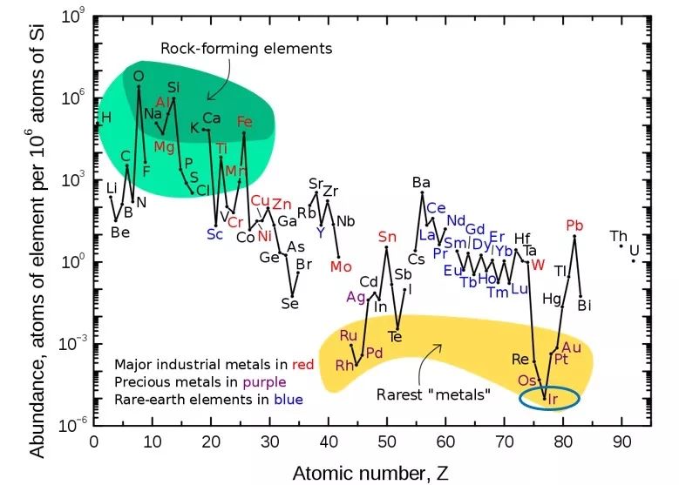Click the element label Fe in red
point(245,122)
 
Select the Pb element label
point(574,226)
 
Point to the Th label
point(618,236)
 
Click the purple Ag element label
point(356,296)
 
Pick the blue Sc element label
point(215,233)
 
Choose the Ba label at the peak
point(421,182)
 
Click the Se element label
point(289,303)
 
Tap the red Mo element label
point(341,266)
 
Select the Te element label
point(394,336)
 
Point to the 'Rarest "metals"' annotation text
point(433,394)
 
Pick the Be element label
point(120,232)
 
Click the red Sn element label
point(387,236)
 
